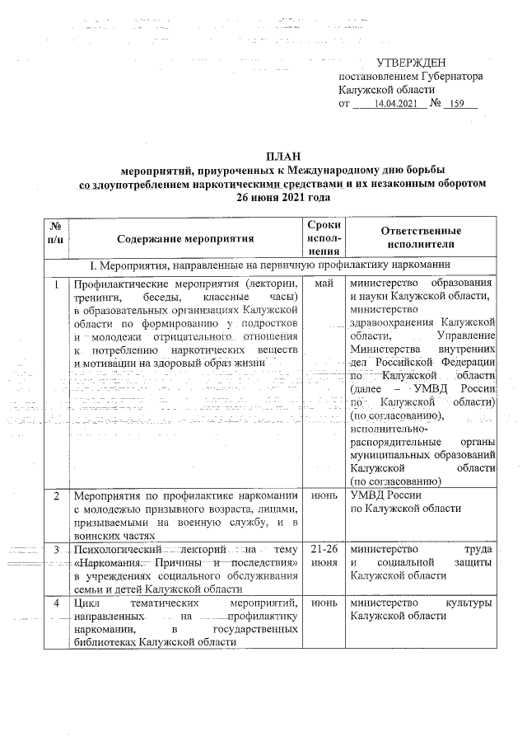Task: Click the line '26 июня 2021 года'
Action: [282, 198]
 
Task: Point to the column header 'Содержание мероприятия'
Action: [185, 239]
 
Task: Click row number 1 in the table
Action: [56, 284]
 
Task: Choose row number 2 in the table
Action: [56, 497]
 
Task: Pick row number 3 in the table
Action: [56, 550]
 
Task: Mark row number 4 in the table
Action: [56, 603]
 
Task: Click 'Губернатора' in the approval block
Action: [448, 77]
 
